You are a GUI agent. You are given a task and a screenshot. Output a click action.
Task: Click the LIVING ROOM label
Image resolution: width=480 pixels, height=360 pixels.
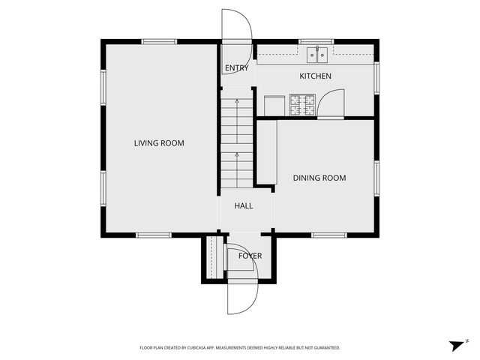tap(159, 143)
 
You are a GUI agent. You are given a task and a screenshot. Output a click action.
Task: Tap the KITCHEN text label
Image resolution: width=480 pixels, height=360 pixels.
tap(315, 76)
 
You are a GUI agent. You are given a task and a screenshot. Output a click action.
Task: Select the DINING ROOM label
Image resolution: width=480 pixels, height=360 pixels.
tap(319, 178)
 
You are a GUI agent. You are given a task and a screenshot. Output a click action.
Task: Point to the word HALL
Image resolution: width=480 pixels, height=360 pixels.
tap(244, 205)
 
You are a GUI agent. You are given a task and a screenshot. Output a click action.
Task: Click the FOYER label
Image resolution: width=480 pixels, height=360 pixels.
tap(250, 256)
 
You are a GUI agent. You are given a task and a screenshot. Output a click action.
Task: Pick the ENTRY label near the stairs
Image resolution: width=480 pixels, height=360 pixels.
tap(236, 68)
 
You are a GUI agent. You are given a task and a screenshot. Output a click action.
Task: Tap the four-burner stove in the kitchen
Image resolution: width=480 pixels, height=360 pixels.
tap(303, 104)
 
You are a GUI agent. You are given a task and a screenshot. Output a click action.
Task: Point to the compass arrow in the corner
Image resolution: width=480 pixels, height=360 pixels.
tap(456, 345)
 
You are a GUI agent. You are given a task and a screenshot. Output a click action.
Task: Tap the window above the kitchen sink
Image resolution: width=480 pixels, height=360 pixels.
tap(316, 41)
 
